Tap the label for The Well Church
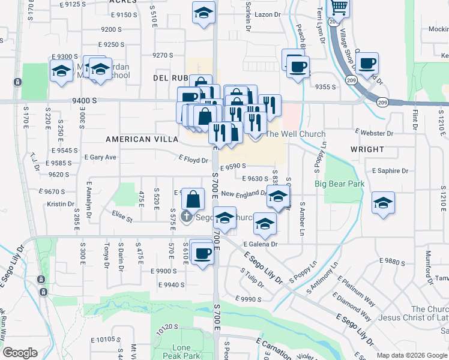tap(295, 134)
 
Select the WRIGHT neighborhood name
tap(367, 149)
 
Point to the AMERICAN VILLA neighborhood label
tap(142, 139)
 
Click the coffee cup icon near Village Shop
tap(367, 62)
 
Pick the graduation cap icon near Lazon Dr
tap(203, 12)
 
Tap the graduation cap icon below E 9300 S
tap(61, 70)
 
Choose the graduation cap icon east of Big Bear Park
tap(382, 202)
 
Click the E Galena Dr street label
tap(261, 244)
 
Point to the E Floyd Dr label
tap(193, 160)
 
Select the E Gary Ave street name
tap(100, 157)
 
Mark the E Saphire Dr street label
tap(390, 171)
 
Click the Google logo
tap(20, 353)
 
